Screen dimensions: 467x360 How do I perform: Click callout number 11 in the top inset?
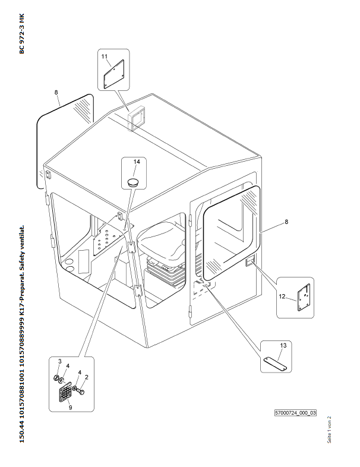105,56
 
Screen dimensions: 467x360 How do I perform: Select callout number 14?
136,162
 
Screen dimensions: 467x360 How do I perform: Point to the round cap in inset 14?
134,179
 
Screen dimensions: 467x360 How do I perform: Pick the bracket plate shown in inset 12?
305,296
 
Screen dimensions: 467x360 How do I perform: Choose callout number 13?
283,345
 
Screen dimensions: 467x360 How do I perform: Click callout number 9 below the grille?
71,408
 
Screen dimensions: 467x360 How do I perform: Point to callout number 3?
59,361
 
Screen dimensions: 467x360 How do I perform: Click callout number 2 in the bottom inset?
87,377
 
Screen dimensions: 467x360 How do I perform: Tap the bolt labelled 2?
83,390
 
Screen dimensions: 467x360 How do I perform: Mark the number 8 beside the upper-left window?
56,93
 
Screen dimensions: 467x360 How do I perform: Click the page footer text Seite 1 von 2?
329,429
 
